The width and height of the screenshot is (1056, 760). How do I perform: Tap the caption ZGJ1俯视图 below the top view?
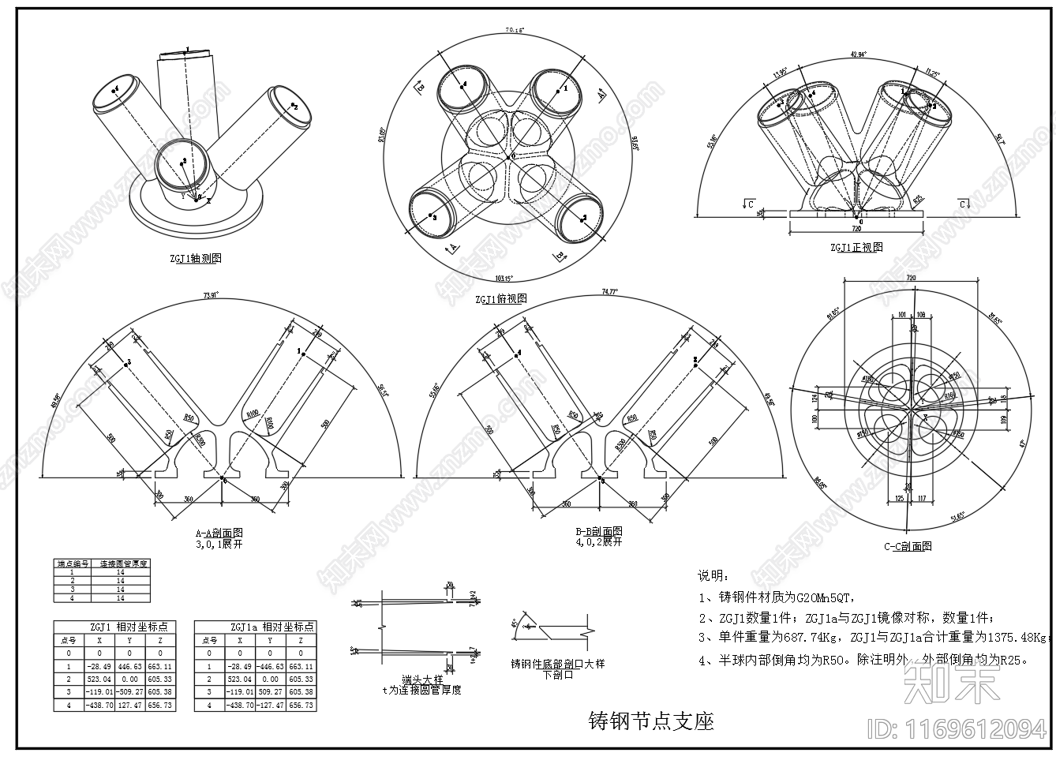pyautogui.click(x=500, y=299)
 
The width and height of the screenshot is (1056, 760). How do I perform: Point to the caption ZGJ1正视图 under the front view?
pyautogui.click(x=856, y=247)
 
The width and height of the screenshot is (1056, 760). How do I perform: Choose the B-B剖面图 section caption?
pyautogui.click(x=598, y=532)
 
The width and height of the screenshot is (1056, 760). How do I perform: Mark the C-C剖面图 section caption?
pyautogui.click(x=908, y=546)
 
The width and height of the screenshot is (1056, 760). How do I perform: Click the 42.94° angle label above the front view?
pyautogui.click(x=859, y=54)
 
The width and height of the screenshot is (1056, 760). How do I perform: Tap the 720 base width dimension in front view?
pyautogui.click(x=856, y=228)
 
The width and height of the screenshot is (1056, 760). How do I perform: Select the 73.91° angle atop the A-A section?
pyautogui.click(x=210, y=295)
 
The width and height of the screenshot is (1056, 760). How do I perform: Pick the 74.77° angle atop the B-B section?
pyautogui.click(x=610, y=291)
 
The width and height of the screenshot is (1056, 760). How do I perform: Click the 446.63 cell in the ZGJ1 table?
pyautogui.click(x=129, y=666)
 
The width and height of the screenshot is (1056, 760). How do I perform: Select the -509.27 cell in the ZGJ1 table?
pyautogui.click(x=129, y=691)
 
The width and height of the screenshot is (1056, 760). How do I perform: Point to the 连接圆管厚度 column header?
pyautogui.click(x=122, y=564)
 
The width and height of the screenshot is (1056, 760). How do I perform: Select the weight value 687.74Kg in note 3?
pyautogui.click(x=814, y=638)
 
